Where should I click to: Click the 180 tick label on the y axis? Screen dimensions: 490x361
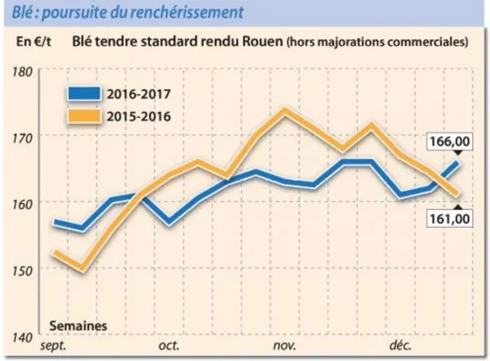click(23, 71)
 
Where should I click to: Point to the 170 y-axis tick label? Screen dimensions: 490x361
click(23, 138)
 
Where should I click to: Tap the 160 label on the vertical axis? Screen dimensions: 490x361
click(23, 204)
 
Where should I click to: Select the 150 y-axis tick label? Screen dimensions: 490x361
click(23, 271)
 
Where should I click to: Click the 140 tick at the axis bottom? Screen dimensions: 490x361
click(23, 338)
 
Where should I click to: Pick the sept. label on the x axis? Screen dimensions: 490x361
click(53, 347)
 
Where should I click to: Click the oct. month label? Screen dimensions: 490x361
click(169, 346)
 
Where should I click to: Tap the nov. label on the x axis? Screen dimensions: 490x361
click(284, 346)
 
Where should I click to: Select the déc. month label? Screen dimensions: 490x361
click(401, 345)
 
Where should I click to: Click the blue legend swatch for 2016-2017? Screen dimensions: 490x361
click(84, 93)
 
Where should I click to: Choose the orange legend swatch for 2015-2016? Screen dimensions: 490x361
click(84, 117)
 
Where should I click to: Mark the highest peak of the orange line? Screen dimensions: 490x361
click(284, 110)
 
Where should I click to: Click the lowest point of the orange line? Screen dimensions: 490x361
click(82, 268)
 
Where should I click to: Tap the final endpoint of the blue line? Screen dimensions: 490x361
click(458, 163)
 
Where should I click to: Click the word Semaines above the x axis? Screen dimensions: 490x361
click(78, 326)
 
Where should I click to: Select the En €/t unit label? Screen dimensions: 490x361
click(33, 41)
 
